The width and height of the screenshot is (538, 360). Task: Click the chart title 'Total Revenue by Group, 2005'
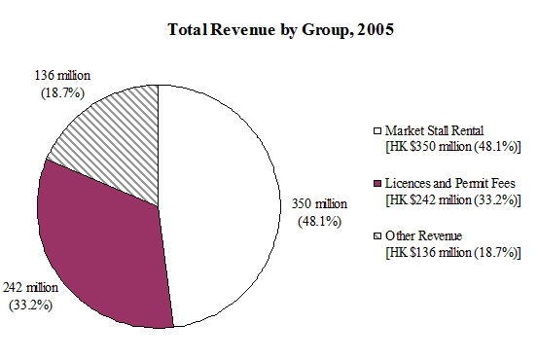click(268, 28)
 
